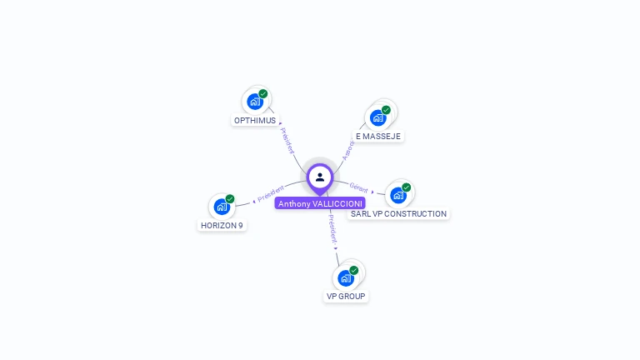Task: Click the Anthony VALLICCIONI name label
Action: [320, 203]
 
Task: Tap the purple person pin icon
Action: [320, 177]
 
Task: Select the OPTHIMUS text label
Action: [255, 120]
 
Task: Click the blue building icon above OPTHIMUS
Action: [255, 102]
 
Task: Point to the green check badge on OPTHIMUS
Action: [263, 94]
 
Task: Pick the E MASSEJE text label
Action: [378, 136]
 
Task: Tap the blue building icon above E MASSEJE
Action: [378, 117]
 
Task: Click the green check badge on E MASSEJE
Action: [386, 110]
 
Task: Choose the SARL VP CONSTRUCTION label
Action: [398, 213]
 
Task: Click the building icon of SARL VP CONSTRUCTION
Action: [398, 195]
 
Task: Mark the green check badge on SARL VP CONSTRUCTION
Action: [407, 187]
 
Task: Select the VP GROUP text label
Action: [346, 296]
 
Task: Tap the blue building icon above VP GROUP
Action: [346, 277]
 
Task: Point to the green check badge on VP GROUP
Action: [354, 270]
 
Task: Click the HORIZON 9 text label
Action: [222, 225]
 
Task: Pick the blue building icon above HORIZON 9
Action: [222, 207]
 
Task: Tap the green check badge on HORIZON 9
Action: [230, 199]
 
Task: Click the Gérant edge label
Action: [358, 188]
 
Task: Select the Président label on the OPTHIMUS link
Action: [287, 140]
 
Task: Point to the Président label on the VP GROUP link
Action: [332, 227]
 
